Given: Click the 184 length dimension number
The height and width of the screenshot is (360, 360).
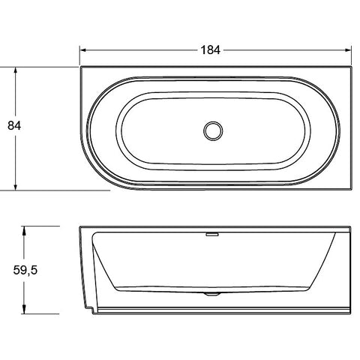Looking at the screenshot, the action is [x=211, y=50].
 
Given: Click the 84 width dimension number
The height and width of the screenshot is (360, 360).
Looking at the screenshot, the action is [x=14, y=125].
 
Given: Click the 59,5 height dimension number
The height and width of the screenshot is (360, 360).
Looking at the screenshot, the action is [x=25, y=270].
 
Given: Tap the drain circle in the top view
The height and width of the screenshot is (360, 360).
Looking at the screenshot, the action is [x=213, y=131].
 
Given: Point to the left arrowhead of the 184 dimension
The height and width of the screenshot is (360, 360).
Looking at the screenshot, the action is [x=83, y=50].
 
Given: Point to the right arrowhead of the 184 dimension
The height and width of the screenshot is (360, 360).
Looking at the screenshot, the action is [x=348, y=50].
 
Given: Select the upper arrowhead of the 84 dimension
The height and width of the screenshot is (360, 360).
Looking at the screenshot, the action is [x=16, y=70].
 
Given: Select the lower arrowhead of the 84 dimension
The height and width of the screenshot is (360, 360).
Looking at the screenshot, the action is [x=16, y=187].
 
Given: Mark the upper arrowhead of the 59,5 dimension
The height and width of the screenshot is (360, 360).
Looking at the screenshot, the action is [x=24, y=229].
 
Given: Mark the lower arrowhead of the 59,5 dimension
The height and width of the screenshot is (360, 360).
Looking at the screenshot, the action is [x=24, y=310].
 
